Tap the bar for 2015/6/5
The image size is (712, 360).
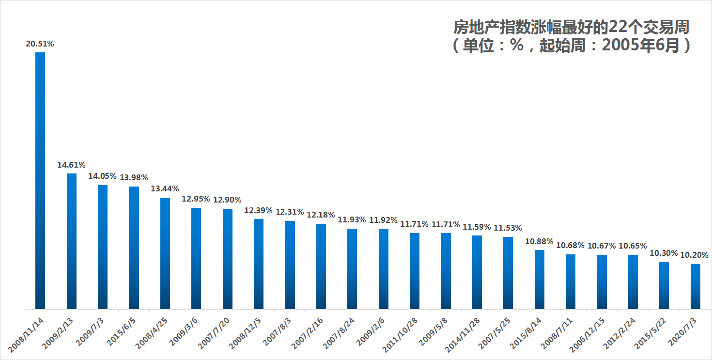click(134, 248)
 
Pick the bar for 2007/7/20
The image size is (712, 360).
click(228, 259)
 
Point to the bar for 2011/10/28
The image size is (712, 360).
click(415, 271)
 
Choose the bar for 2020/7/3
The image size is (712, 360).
click(695, 286)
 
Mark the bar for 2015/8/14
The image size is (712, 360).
click(540, 279)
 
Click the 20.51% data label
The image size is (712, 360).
click(40, 44)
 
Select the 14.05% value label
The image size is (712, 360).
click(102, 176)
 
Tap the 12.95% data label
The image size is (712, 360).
click(196, 199)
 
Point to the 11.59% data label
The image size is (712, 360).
click(477, 227)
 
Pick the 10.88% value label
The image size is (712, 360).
click(540, 241)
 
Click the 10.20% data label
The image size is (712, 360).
click(695, 255)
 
